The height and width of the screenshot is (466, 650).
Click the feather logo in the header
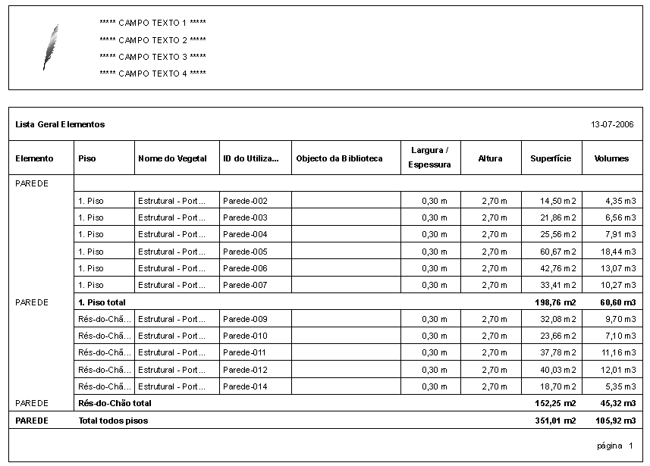pyautogui.click(x=50, y=47)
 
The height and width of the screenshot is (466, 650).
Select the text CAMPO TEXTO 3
pyautogui.click(x=152, y=57)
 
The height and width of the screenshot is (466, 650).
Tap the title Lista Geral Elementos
pyautogui.click(x=60, y=124)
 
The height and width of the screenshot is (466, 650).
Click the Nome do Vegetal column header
pyautogui.click(x=172, y=158)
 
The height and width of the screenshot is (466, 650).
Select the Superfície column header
pyautogui.click(x=551, y=158)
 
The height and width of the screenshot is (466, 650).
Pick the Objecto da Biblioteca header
pyautogui.click(x=339, y=158)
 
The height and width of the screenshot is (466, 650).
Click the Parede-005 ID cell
pyautogui.click(x=245, y=252)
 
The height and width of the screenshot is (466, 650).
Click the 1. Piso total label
pyautogui.click(x=102, y=302)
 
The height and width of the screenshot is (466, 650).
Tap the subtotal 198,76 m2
pyautogui.click(x=555, y=302)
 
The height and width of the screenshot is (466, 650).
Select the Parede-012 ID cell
pyautogui.click(x=245, y=370)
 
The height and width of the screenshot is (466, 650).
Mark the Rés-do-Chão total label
pyautogui.click(x=115, y=403)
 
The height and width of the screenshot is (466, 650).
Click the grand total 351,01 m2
pyautogui.click(x=555, y=421)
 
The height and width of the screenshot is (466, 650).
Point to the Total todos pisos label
pyautogui.click(x=113, y=421)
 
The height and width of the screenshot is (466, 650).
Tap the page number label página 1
pyautogui.click(x=614, y=446)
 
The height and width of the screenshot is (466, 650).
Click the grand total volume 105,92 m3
pyautogui.click(x=616, y=421)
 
